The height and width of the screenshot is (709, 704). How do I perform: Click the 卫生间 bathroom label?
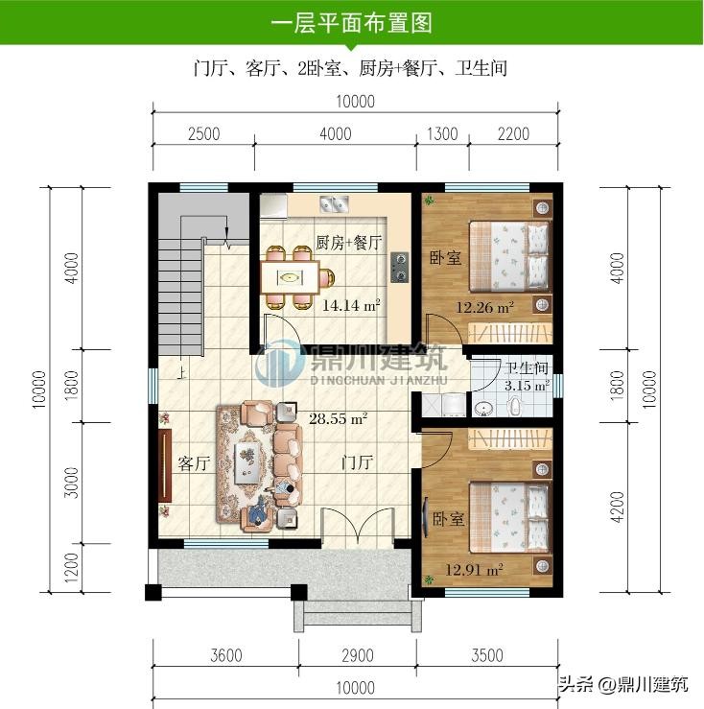(527, 368)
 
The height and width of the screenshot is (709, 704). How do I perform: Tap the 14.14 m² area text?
(351, 305)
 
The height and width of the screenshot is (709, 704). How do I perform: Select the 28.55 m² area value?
(338, 418)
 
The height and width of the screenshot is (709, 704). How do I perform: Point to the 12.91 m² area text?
(475, 570)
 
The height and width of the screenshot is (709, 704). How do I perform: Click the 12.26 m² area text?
(484, 307)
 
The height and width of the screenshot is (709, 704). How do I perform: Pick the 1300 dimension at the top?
(442, 134)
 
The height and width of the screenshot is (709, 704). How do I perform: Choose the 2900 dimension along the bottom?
(357, 655)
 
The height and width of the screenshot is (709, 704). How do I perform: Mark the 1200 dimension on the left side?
(71, 568)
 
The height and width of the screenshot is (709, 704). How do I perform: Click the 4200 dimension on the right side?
(617, 508)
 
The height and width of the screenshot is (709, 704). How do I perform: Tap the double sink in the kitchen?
(334, 204)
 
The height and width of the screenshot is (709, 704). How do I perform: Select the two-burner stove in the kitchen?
(400, 268)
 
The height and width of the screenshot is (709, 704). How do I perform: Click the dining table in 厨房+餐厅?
(290, 277)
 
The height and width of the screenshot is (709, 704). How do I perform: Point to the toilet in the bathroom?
(514, 406)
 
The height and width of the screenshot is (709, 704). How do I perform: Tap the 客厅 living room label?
(194, 463)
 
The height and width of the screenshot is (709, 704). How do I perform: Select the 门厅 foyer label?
(357, 462)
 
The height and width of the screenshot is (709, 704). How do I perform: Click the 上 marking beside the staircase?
(182, 372)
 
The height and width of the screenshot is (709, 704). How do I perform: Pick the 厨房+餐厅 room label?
(348, 244)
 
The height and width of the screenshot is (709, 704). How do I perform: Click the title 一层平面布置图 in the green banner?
(352, 23)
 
